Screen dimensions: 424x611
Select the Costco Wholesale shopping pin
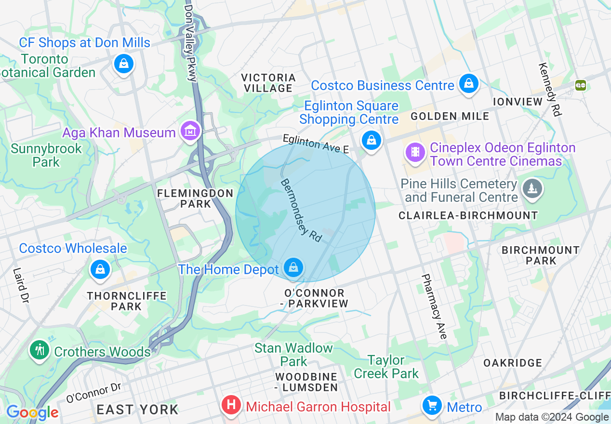pos(100,269)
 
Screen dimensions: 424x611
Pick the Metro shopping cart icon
pos(432,406)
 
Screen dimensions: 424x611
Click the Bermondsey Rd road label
pos(301,211)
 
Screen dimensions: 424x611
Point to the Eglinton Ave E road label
pos(316,144)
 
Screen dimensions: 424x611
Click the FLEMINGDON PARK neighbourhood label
pos(195,199)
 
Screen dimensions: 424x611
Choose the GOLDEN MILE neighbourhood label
pos(450,116)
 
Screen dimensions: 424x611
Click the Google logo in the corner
pos(32,412)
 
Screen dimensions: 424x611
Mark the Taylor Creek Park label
pos(386,367)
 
